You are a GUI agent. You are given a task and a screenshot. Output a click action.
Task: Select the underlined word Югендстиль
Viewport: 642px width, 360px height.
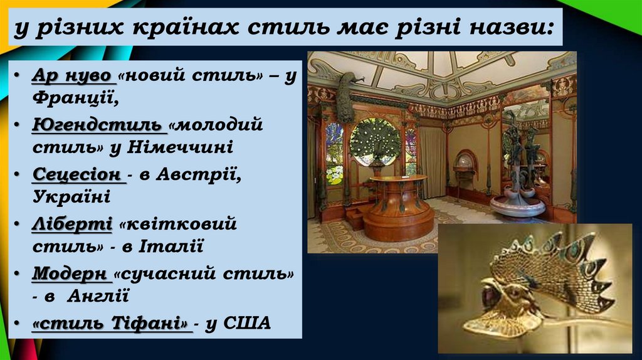[98, 124]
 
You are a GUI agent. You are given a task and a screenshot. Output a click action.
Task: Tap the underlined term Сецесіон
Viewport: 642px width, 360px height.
[76, 174]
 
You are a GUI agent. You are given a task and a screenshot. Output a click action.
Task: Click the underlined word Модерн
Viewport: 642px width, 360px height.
[71, 274]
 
